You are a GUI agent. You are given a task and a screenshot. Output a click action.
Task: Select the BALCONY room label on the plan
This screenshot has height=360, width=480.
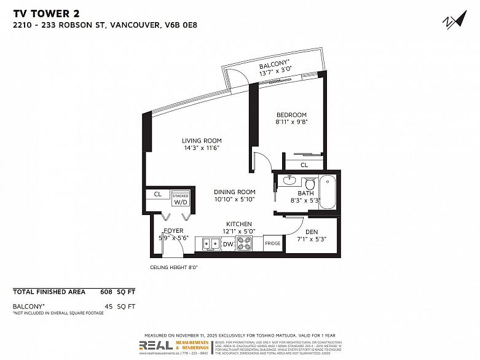(273, 66)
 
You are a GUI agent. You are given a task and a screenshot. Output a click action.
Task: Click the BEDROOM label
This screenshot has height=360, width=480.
(291, 115)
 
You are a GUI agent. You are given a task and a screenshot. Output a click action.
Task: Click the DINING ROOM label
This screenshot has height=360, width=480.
(234, 192)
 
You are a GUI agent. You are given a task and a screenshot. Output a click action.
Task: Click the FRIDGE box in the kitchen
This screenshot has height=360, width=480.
(272, 244)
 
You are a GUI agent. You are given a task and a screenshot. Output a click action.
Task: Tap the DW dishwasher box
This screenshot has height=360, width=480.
(228, 245)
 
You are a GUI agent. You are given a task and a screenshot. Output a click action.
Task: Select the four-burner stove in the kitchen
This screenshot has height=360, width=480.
(245, 244)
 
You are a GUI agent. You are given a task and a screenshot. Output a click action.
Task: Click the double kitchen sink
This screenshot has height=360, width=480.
(210, 244)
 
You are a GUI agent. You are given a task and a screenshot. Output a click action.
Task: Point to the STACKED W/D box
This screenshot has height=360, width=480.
(181, 198)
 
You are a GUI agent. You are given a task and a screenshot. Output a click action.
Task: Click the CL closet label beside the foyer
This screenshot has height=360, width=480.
(157, 194)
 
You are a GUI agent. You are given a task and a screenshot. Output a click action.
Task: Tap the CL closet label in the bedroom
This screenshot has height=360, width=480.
(304, 165)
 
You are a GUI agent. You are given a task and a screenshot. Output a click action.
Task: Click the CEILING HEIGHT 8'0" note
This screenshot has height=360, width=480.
(173, 268)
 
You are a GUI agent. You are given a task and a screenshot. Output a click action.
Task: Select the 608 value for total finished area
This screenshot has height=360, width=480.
(106, 292)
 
